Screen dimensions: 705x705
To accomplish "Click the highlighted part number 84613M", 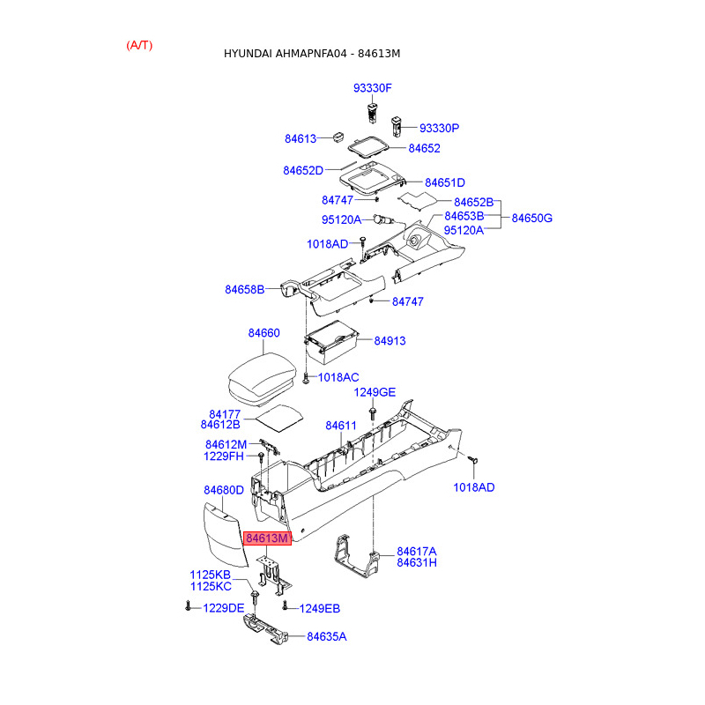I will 267,538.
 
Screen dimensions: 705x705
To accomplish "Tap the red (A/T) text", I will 139,45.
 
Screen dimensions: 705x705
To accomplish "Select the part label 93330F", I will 372,88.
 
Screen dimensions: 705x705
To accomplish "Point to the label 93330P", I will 439,128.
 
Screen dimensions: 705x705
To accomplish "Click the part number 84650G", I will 531,217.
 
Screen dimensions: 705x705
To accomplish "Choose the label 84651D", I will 444,182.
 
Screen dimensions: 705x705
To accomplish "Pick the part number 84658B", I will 244,289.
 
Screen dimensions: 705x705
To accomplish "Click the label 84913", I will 390,340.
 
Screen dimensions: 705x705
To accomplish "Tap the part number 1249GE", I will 375,392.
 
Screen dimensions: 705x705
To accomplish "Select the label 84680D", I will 223,490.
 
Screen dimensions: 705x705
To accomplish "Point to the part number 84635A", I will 326,636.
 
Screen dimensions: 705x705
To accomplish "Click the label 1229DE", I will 223,608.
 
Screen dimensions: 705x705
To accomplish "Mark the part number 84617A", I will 417,551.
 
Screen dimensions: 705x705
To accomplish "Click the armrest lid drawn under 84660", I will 262,375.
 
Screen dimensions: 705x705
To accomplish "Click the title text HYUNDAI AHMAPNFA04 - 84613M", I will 312,54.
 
